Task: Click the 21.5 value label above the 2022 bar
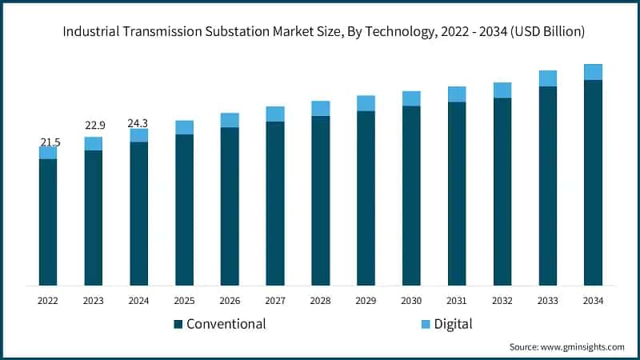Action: click(48, 142)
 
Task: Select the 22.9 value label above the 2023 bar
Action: click(94, 126)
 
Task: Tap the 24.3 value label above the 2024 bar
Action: click(139, 123)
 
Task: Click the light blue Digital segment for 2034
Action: click(593, 72)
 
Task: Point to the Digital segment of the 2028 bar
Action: click(321, 109)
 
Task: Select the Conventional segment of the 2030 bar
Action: click(411, 195)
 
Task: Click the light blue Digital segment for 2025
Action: click(185, 127)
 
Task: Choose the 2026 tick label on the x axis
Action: click(230, 300)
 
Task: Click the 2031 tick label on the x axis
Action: click(457, 300)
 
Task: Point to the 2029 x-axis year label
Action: click(366, 300)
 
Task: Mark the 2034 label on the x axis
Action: click(593, 300)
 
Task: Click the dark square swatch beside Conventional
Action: click(178, 324)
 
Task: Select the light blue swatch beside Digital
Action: click(426, 324)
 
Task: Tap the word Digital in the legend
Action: click(454, 324)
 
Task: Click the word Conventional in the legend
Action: click(226, 324)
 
